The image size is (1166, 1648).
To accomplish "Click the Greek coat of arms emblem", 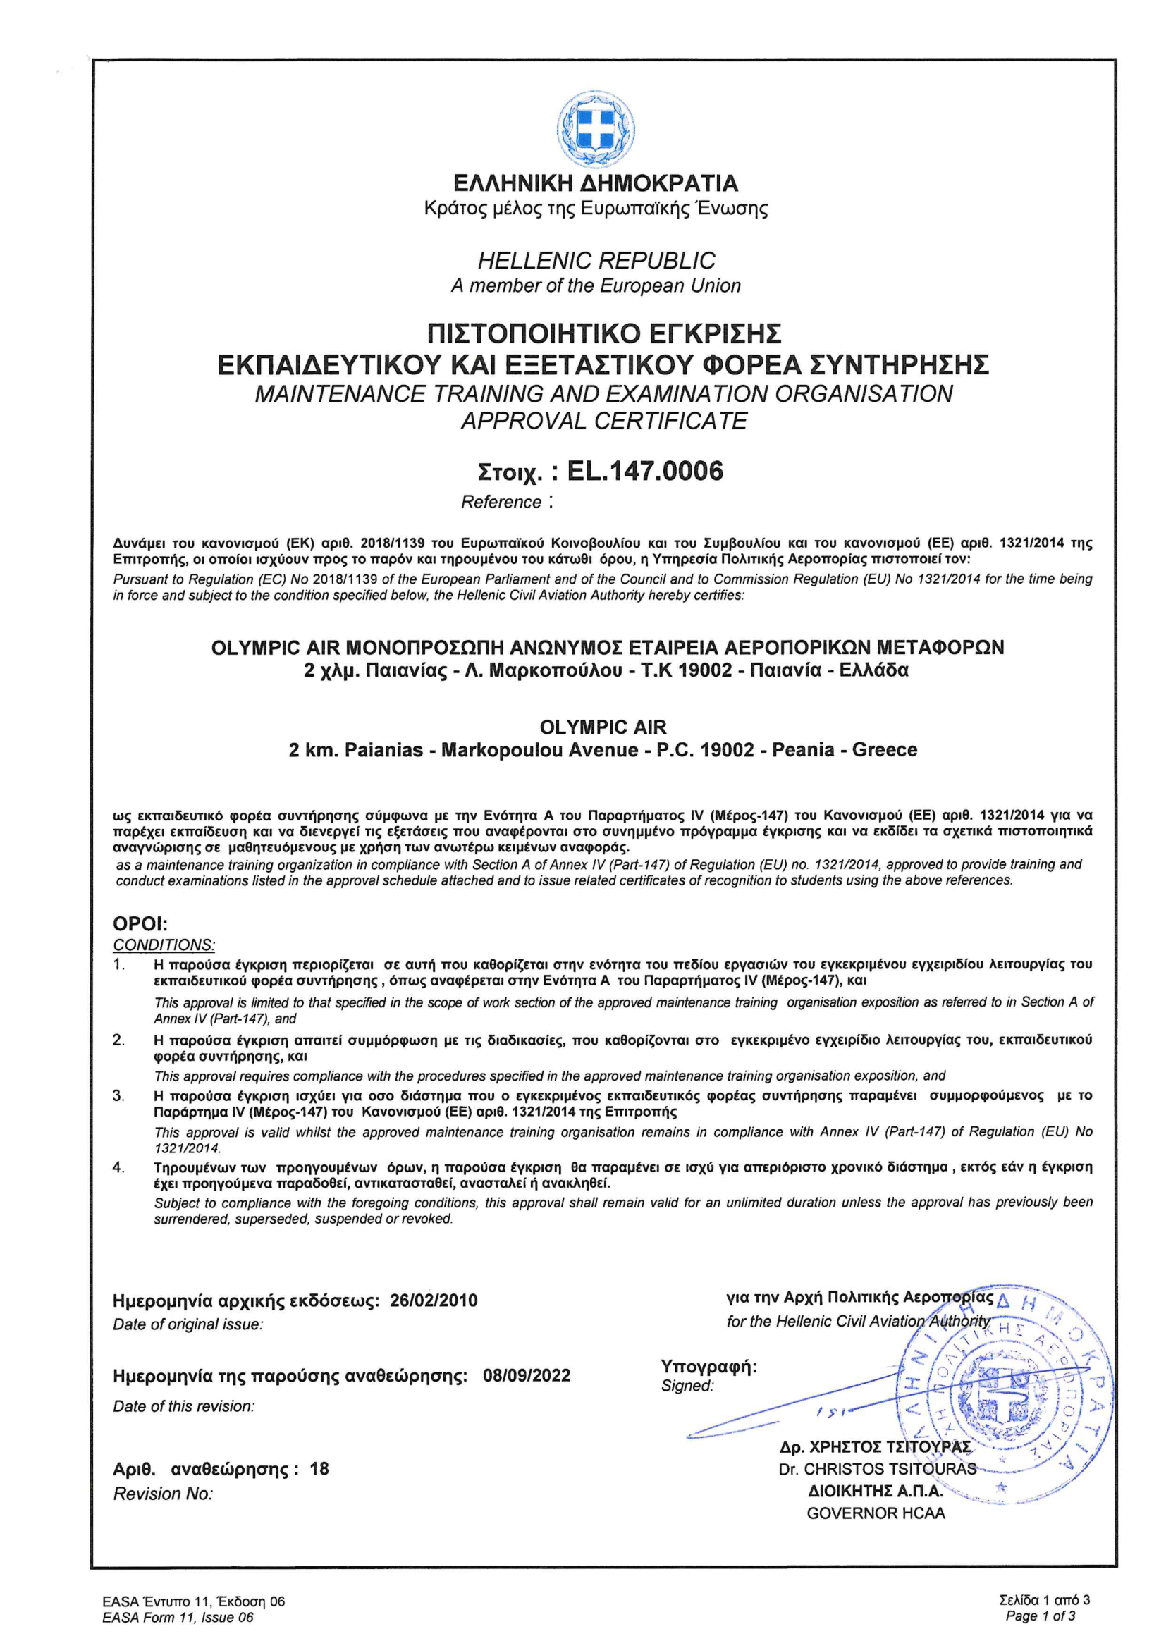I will tap(595, 129).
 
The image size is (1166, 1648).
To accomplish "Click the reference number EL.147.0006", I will tap(645, 472).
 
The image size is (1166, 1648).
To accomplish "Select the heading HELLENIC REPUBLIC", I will tap(596, 261).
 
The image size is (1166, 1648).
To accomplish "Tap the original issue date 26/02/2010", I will tap(433, 1300).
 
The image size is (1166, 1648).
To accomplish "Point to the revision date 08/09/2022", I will tap(527, 1375).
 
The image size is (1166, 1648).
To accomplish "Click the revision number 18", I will tap(319, 1468).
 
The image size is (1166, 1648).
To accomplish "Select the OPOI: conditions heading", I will tap(140, 924).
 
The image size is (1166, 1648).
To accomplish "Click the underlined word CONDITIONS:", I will tap(164, 945).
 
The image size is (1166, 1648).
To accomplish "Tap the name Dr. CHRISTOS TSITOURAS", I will tap(877, 1469).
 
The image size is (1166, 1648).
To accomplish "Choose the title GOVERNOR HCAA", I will tap(876, 1513).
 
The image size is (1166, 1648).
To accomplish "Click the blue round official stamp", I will tap(1005, 1400).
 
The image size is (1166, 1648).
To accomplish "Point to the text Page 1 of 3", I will tap(1041, 1616).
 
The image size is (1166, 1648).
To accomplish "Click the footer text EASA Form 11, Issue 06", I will tap(178, 1617).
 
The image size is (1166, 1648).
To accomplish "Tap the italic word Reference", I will tap(501, 503).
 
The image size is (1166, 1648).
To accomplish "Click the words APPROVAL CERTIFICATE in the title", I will tap(604, 421).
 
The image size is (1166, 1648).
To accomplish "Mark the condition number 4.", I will tap(118, 1167).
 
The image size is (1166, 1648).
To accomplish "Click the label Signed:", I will tap(687, 1386).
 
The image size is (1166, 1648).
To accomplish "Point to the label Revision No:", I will tap(163, 1494).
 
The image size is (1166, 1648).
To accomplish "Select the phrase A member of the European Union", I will tap(595, 285).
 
